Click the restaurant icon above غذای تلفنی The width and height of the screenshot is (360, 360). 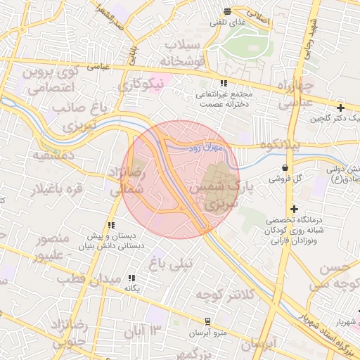tap(227, 11)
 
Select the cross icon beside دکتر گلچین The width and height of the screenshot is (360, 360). tap(341, 108)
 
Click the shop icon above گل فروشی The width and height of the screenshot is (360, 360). tap(285, 168)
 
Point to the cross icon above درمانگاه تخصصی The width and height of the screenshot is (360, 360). tap(294, 209)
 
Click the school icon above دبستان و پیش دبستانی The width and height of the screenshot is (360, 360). tap(110, 225)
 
